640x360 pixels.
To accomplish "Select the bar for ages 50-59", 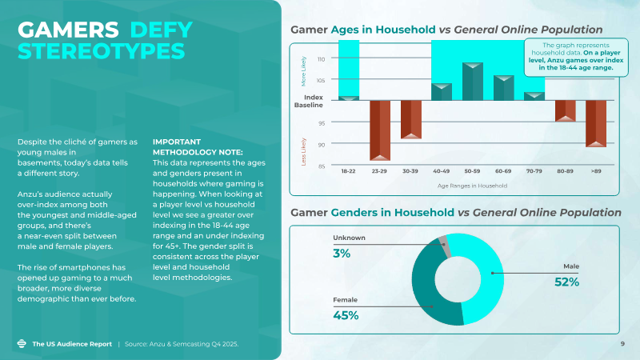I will click(473, 82).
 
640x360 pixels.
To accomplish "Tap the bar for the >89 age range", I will click(595, 123).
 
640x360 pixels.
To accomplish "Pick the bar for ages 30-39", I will click(410, 119).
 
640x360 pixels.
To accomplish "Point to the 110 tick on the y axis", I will click(321, 59).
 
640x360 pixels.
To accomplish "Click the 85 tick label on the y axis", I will click(321, 166).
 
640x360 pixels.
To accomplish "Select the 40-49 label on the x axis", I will click(442, 170).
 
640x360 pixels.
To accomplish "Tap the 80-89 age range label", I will click(565, 170).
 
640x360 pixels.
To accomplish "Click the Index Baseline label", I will click(309, 101).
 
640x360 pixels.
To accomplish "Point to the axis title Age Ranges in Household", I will click(472, 186).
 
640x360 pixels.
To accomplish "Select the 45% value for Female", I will click(346, 314).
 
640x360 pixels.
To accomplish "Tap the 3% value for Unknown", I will click(342, 254).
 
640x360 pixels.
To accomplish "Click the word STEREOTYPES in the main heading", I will click(101, 50).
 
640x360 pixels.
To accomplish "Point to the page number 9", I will click(622, 344).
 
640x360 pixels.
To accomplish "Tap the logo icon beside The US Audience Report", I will click(22, 344).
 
